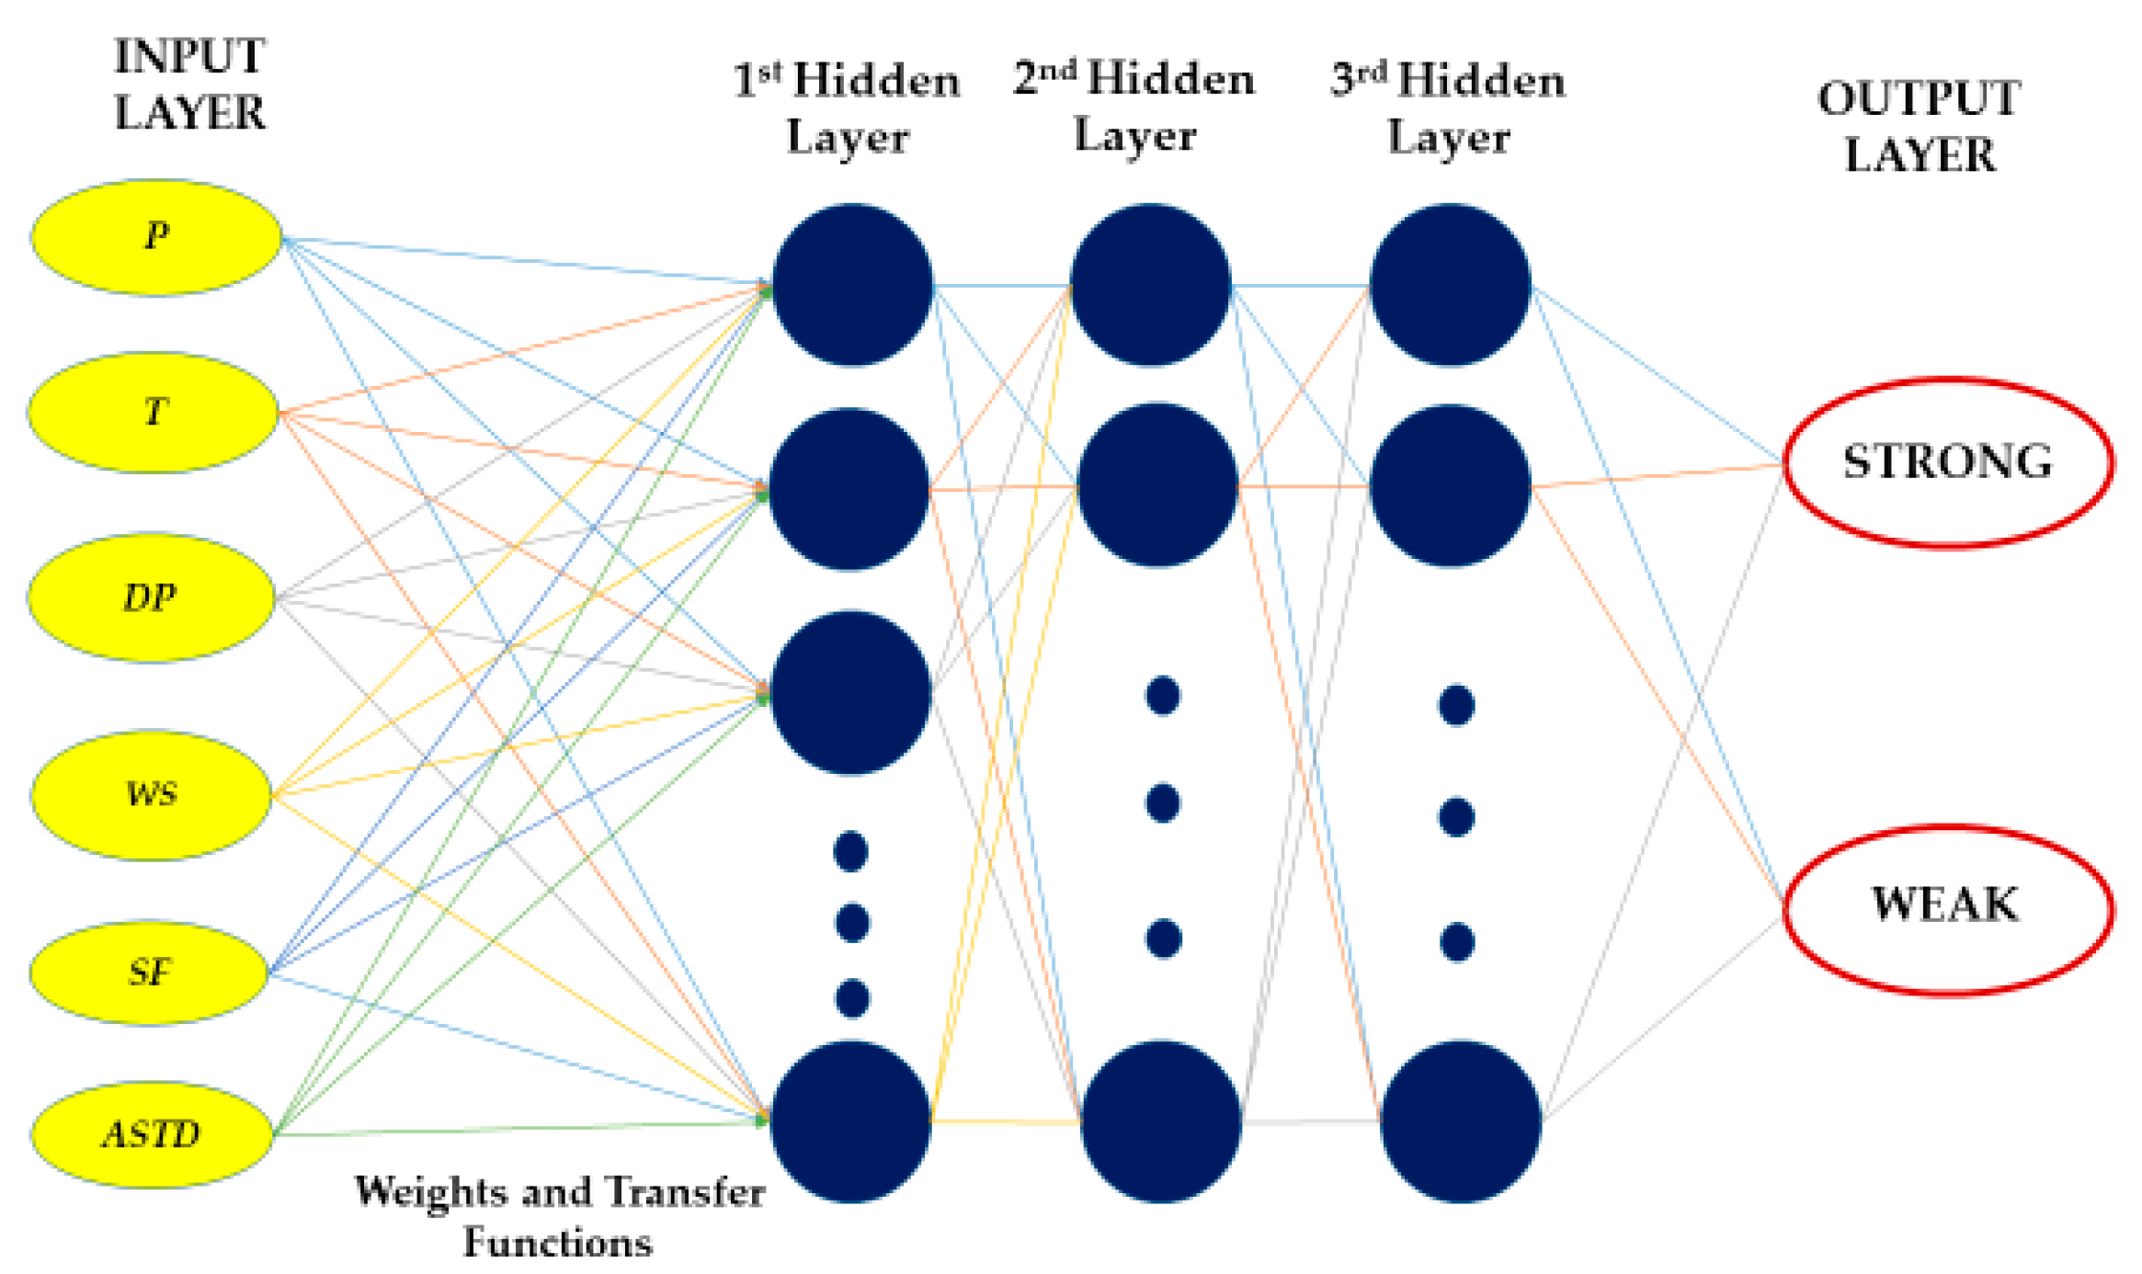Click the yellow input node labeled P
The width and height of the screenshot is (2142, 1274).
pyautogui.click(x=156, y=237)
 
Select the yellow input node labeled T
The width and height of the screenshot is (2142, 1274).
pyautogui.click(x=154, y=412)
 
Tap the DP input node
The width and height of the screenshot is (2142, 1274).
pyautogui.click(x=152, y=597)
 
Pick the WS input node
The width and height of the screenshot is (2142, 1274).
pyautogui.click(x=152, y=794)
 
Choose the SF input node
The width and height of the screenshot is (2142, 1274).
pyautogui.click(x=149, y=972)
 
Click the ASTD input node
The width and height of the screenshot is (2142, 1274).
pyautogui.click(x=152, y=1134)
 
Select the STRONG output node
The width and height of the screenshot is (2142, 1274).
pyautogui.click(x=1947, y=462)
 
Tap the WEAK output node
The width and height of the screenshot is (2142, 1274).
pyautogui.click(x=1947, y=907)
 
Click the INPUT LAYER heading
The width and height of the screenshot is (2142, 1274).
pyautogui.click(x=189, y=85)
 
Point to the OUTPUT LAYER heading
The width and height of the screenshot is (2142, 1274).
pyautogui.click(x=1920, y=127)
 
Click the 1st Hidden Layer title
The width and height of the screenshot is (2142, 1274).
pyautogui.click(x=847, y=108)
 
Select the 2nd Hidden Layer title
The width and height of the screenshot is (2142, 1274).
pyautogui.click(x=1134, y=107)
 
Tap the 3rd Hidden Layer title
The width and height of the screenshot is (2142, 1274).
pyautogui.click(x=1449, y=108)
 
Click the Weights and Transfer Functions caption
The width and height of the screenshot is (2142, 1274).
pyautogui.click(x=559, y=1216)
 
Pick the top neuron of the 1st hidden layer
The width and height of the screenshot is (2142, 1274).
pyautogui.click(x=852, y=285)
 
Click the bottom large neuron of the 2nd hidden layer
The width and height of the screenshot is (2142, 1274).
pyautogui.click(x=1160, y=1121)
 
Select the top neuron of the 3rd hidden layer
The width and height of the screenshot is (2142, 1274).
pyautogui.click(x=1450, y=285)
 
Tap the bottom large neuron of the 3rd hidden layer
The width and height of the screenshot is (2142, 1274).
pyautogui.click(x=1460, y=1121)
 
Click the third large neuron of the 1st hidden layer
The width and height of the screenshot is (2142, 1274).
pyautogui.click(x=851, y=692)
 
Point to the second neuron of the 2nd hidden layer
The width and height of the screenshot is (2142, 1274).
pyautogui.click(x=1157, y=485)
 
